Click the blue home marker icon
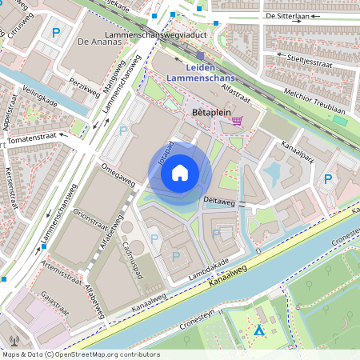click(180, 173)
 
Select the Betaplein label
click(212, 114)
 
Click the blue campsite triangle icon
click(258, 330)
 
